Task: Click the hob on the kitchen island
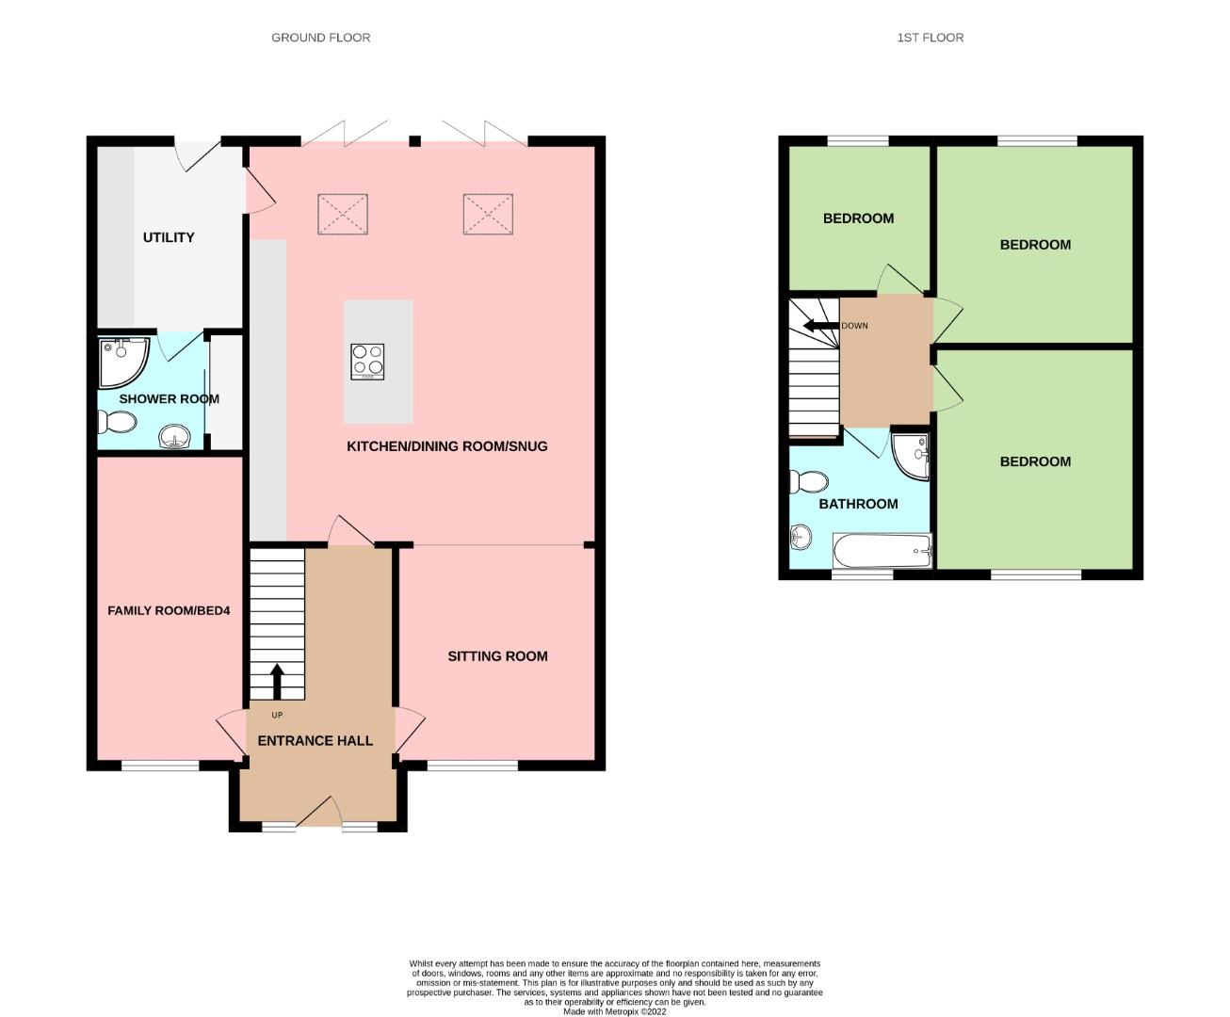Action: [x=367, y=362]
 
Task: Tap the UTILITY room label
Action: [x=169, y=237]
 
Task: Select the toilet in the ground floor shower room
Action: [x=117, y=422]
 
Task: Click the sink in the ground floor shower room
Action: [x=174, y=437]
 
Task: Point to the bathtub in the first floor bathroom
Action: [x=882, y=551]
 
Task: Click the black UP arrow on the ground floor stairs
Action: [x=277, y=682]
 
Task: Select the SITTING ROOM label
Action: [x=498, y=656]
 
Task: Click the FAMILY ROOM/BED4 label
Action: [x=169, y=611]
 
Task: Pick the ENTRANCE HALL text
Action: [x=316, y=741]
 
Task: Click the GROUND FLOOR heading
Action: [x=321, y=38]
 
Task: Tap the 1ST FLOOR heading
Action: [x=931, y=38]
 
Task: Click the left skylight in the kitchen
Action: [x=343, y=215]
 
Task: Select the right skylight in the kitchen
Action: [x=489, y=215]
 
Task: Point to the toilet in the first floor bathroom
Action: [x=809, y=482]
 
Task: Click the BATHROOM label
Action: [x=858, y=504]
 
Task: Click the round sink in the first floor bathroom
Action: [x=801, y=537]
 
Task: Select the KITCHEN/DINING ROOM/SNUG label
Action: [x=447, y=446]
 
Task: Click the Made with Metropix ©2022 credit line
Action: [x=615, y=1011]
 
